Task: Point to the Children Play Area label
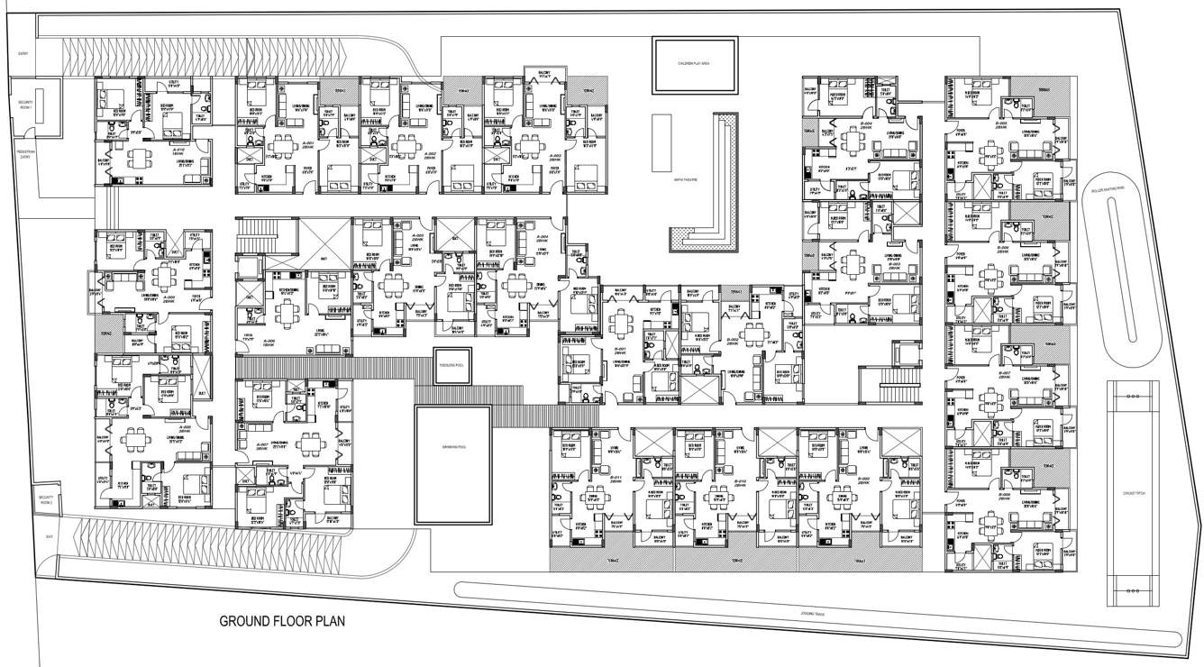pyautogui.click(x=695, y=63)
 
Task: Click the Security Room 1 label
pyautogui.click(x=24, y=105)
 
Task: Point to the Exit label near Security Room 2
pyautogui.click(x=24, y=538)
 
